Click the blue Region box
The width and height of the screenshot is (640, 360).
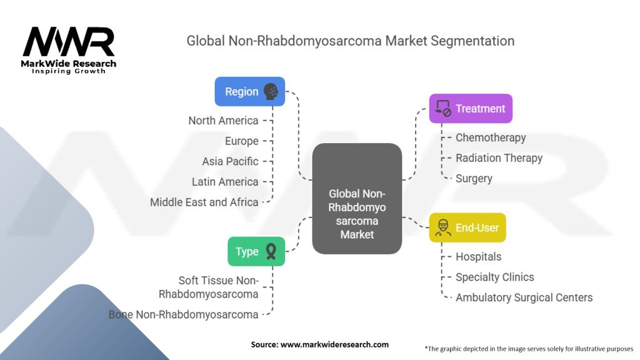250,91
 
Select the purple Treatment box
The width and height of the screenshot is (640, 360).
471,109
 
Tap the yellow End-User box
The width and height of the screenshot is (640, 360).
467,227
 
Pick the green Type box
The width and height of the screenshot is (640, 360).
256,251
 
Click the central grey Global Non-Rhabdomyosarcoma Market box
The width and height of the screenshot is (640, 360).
357,199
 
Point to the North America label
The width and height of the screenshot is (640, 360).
223,121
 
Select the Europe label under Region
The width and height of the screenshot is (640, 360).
242,141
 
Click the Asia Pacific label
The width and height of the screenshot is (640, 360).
230,162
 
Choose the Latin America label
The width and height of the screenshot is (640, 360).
225,182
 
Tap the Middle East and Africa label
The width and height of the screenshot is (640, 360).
204,202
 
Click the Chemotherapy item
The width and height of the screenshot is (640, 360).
491,138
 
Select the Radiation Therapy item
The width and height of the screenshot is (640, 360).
499,158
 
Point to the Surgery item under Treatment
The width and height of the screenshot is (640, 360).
474,179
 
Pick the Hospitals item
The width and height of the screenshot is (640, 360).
478,257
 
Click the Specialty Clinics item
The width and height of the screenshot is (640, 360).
495,277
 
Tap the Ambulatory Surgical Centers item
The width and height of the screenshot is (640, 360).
524,298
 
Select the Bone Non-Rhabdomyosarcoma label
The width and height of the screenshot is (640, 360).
183,315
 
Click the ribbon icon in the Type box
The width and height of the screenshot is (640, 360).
271,251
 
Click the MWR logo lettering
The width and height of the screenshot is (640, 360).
69,42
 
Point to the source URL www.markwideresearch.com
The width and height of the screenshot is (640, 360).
335,344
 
